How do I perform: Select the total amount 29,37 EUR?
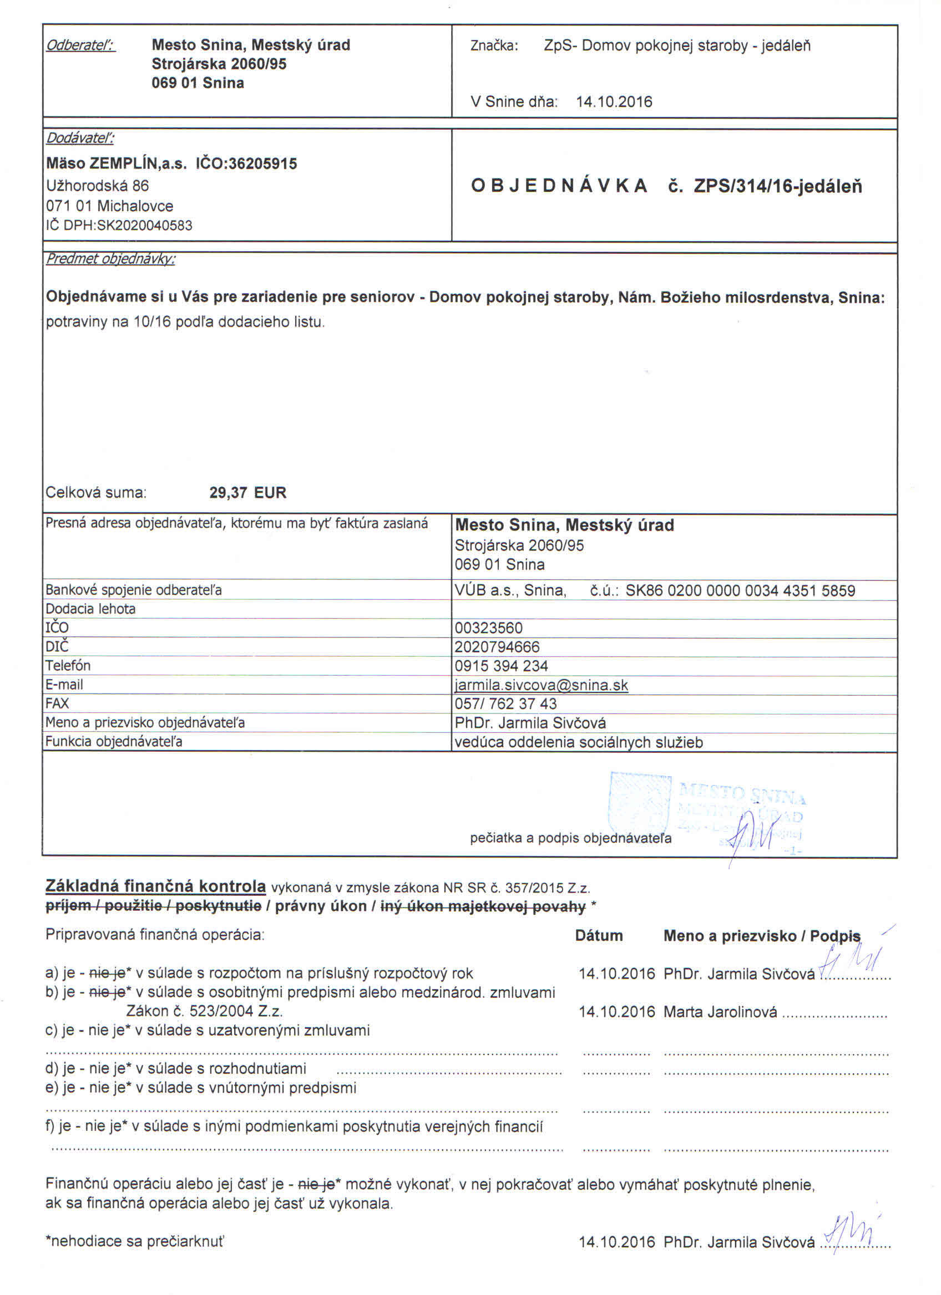pos(247,492)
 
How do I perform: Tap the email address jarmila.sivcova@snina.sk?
pos(541,685)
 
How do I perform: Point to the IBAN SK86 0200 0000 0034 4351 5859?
pos(740,590)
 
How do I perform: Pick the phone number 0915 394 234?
pos(501,666)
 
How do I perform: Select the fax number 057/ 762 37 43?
pos(505,703)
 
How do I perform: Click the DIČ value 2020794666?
pos(497,647)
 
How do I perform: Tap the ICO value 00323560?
pos(488,628)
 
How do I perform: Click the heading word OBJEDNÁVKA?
pos(559,186)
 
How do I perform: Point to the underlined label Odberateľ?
pos(80,45)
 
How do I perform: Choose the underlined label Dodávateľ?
pos(80,138)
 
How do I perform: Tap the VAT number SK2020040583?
pos(145,226)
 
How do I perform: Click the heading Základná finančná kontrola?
pos(155,886)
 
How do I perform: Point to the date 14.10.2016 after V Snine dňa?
pos(614,101)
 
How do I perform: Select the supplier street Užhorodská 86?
pos(97,186)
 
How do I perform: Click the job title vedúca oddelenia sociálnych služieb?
pos(578,742)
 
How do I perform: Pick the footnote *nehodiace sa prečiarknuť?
pos(135,1241)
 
